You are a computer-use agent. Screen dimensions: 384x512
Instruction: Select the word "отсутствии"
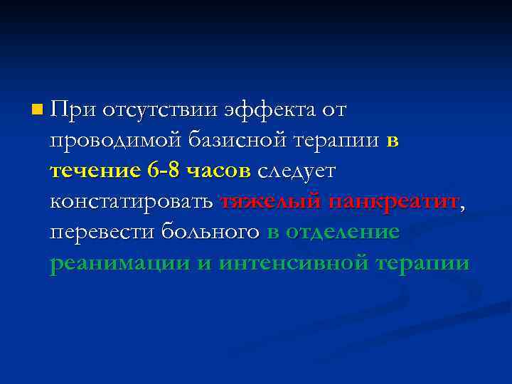[x=160, y=110]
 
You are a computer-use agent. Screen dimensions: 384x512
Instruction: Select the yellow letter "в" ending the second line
[x=393, y=141]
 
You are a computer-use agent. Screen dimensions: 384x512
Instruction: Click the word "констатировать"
[x=132, y=202]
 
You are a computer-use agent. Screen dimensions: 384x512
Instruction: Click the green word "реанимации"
[x=120, y=264]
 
